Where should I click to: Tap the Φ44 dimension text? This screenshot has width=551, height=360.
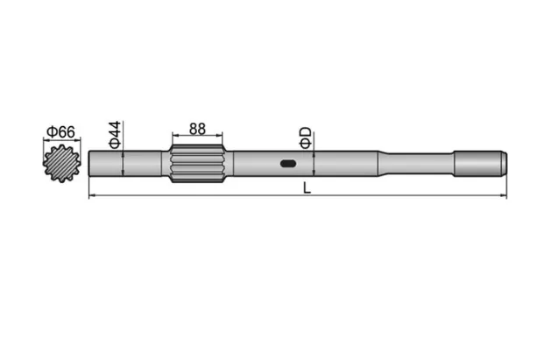pos(113,133)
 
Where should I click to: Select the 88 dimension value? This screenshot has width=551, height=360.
pos(197,128)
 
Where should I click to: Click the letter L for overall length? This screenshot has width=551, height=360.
pos(306,187)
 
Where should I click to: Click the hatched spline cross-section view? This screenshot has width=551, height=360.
pos(60,163)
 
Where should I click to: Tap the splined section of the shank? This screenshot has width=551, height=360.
pos(198,164)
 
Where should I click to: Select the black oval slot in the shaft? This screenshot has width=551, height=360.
pos(288,163)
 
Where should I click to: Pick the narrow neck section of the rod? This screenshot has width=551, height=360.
pos(416,163)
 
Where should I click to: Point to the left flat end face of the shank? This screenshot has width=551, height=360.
pos(90,163)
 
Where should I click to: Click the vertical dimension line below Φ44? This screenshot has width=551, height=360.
pos(124,163)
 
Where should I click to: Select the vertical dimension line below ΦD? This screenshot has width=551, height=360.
pos(313,163)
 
